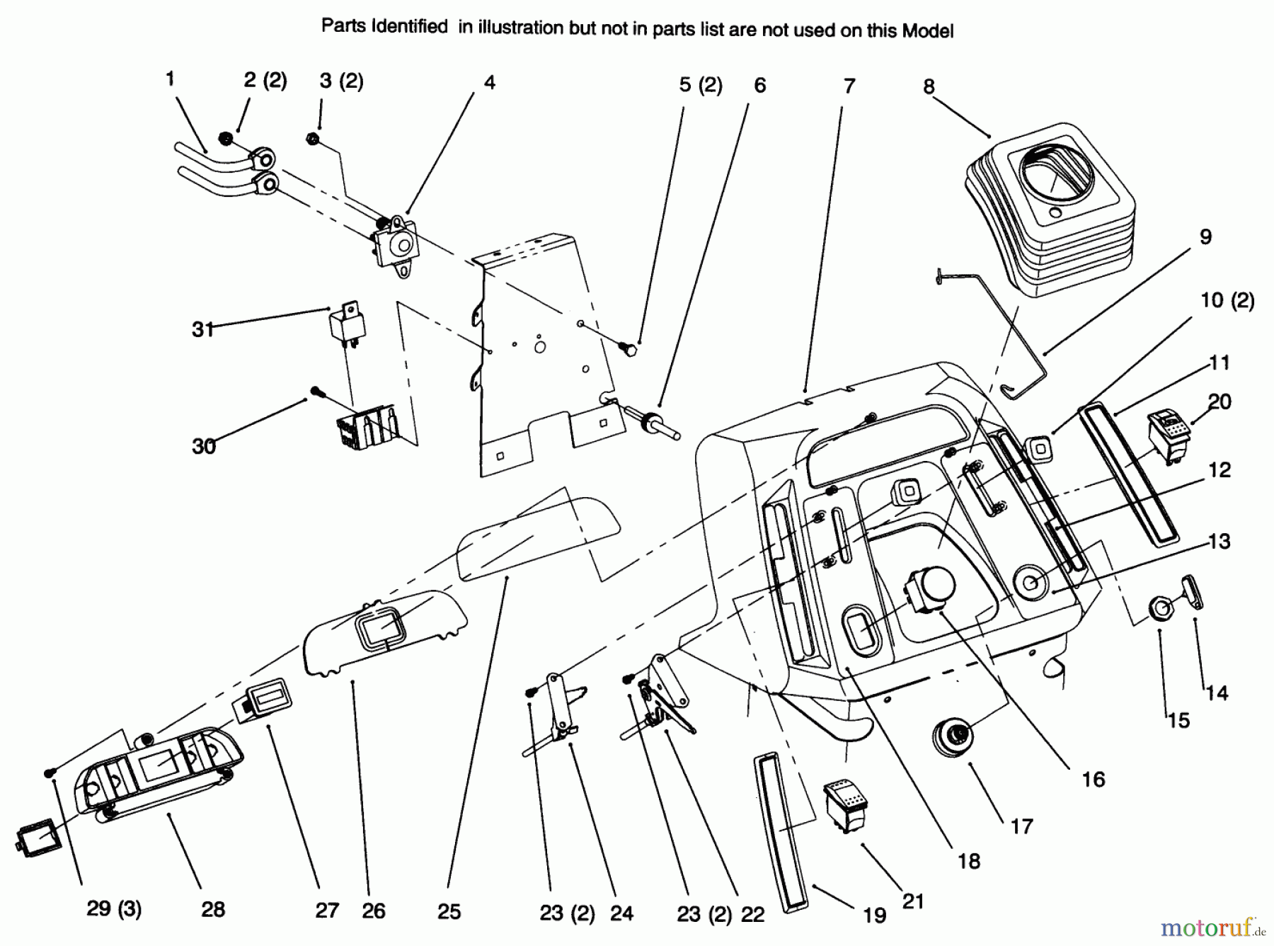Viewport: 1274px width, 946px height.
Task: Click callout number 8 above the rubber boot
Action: pyautogui.click(x=929, y=87)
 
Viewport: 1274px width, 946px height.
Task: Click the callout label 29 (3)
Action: pyautogui.click(x=114, y=908)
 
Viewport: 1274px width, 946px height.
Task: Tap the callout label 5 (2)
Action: pyautogui.click(x=700, y=85)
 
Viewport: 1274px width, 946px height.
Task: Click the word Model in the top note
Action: pyautogui.click(x=927, y=31)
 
